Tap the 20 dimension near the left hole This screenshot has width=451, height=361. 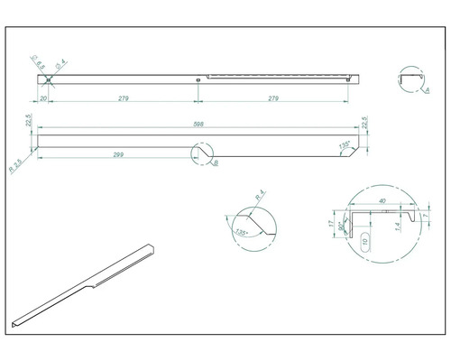(42, 97)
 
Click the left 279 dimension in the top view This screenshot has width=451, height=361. (121, 97)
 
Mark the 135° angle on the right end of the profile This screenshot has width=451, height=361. (344, 144)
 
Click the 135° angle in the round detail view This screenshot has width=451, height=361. (242, 232)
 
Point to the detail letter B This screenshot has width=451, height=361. (215, 163)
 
